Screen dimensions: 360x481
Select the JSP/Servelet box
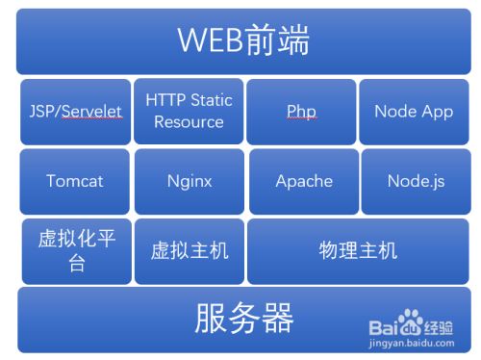click(x=75, y=112)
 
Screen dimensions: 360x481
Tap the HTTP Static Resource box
click(x=189, y=112)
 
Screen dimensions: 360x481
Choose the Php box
click(x=301, y=112)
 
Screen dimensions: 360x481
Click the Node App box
click(x=414, y=112)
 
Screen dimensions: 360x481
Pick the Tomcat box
click(x=75, y=181)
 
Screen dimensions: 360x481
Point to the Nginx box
click(x=189, y=181)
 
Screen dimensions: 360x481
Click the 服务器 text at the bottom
click(x=243, y=318)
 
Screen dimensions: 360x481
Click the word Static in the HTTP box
click(x=211, y=100)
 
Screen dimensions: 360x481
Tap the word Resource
click(x=189, y=122)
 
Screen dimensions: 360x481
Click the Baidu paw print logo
click(x=412, y=321)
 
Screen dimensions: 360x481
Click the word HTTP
click(x=165, y=100)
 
